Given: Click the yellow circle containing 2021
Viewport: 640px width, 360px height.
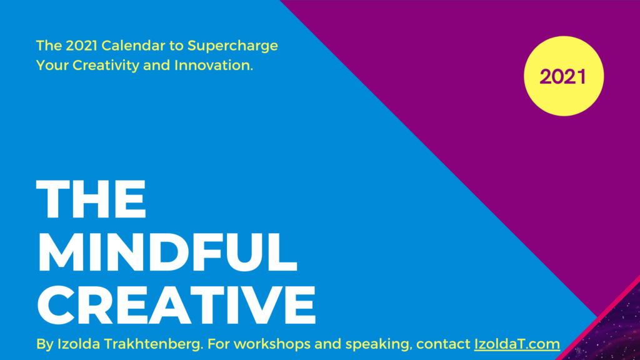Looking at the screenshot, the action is [564, 76].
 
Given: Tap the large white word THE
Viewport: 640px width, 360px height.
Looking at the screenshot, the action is [91, 199].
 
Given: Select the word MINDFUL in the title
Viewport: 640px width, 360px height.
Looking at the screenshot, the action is [167, 252].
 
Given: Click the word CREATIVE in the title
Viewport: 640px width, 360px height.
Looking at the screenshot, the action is [176, 304].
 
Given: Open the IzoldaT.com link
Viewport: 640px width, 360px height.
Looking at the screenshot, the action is [517, 344].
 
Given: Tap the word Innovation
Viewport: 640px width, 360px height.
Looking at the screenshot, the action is [214, 65].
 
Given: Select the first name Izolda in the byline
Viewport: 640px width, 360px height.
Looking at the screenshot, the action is [79, 344].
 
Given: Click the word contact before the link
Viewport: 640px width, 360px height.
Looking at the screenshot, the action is [443, 344].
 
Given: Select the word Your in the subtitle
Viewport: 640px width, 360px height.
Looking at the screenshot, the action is [52, 65].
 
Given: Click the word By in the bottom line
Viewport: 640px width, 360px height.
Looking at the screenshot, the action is [45, 344].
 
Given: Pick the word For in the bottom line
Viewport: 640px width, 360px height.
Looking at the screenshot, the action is [218, 344].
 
